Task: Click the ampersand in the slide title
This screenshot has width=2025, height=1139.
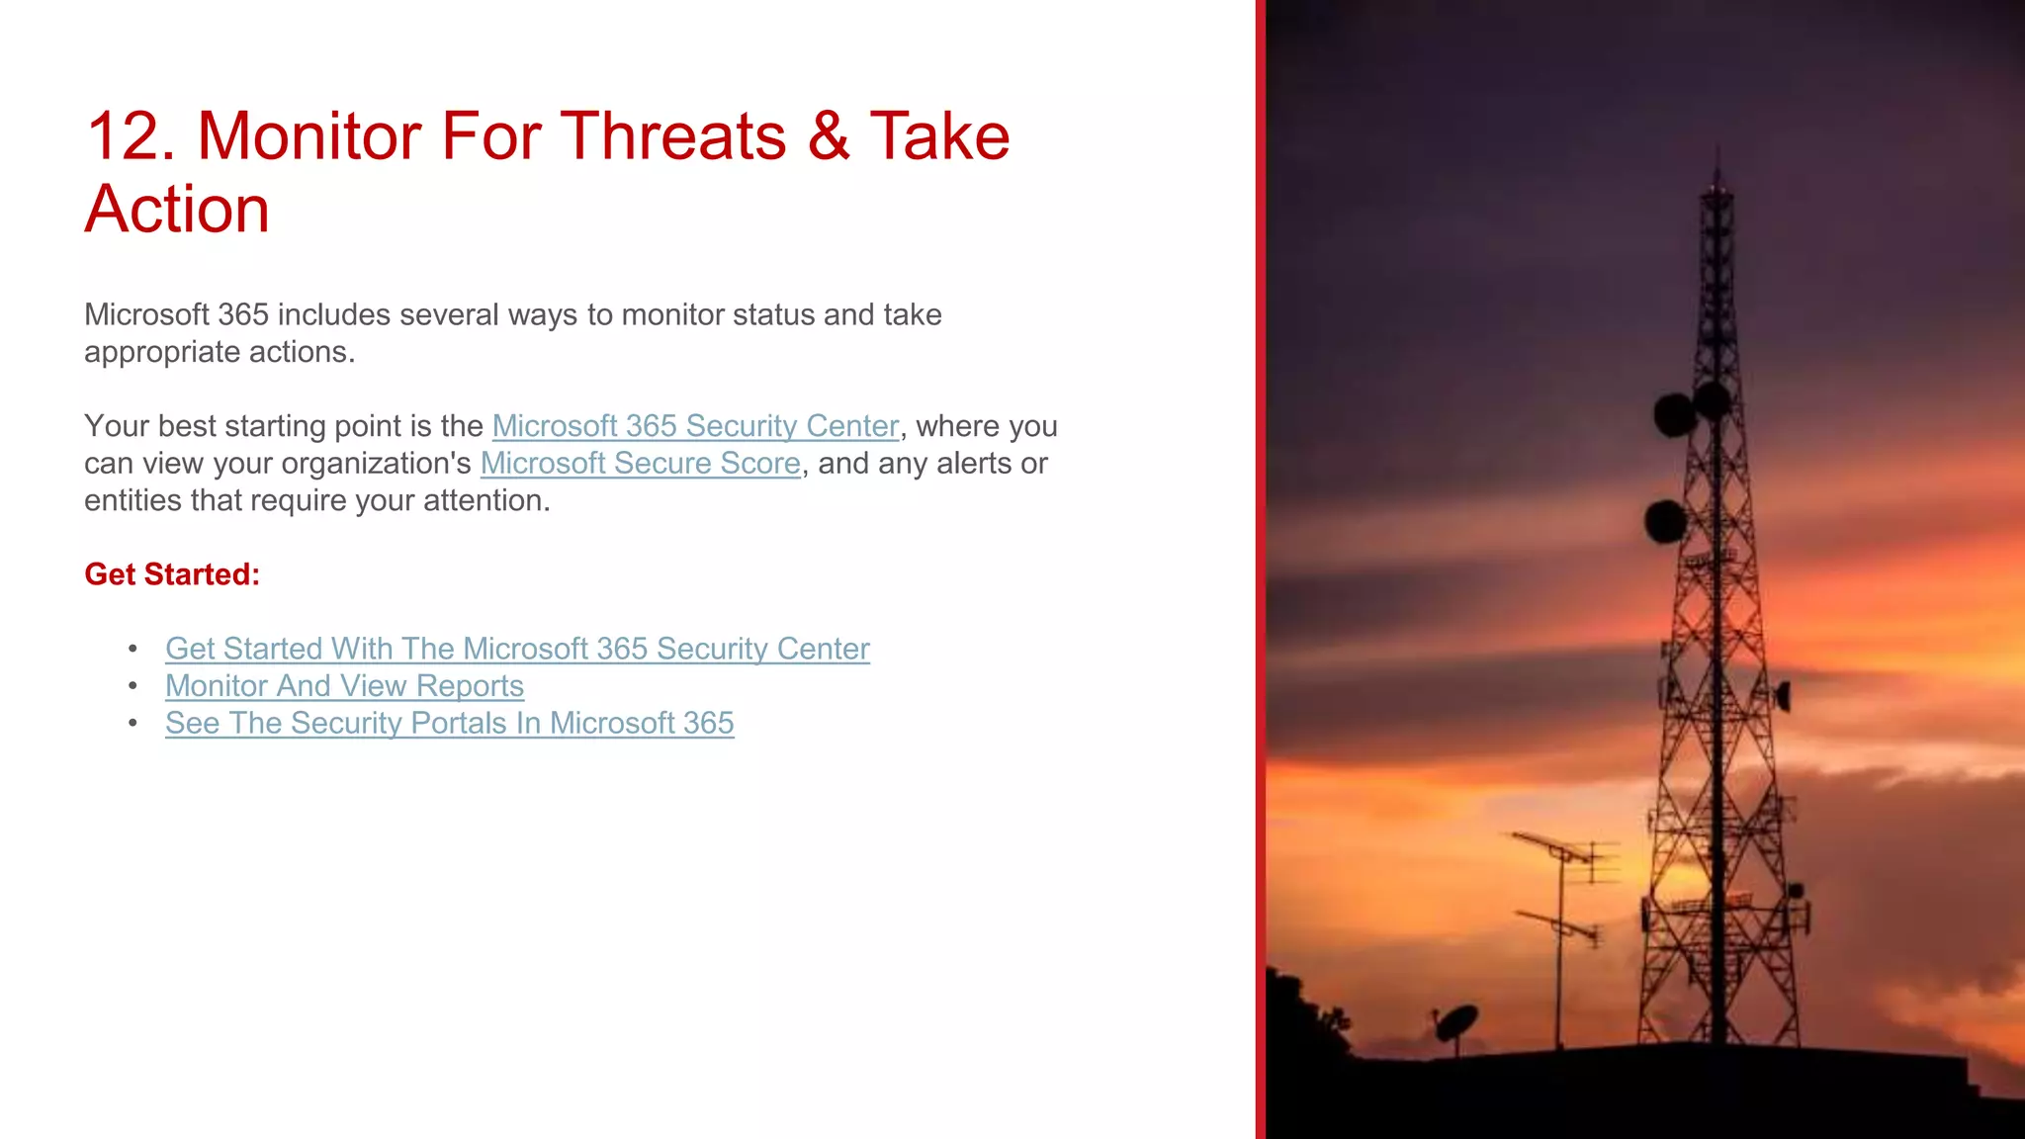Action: point(828,136)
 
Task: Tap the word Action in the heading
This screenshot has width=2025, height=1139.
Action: point(177,210)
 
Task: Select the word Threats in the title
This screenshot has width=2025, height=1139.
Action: point(674,136)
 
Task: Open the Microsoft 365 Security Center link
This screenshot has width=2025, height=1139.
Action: point(695,426)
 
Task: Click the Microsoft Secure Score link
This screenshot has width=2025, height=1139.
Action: point(640,464)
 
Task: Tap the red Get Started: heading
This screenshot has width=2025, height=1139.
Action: point(172,574)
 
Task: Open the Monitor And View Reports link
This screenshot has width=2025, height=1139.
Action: point(344,686)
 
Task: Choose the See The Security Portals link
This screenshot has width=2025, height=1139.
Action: point(449,724)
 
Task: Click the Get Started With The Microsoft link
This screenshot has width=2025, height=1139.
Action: point(517,649)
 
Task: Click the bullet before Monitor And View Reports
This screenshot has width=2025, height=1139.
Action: point(133,686)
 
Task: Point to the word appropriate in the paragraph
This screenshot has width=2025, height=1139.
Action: point(163,353)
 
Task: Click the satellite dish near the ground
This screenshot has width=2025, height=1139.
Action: point(1455,1022)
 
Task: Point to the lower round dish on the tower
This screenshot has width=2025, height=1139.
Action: point(1666,521)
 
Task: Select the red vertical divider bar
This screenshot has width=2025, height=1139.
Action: point(1261,569)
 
